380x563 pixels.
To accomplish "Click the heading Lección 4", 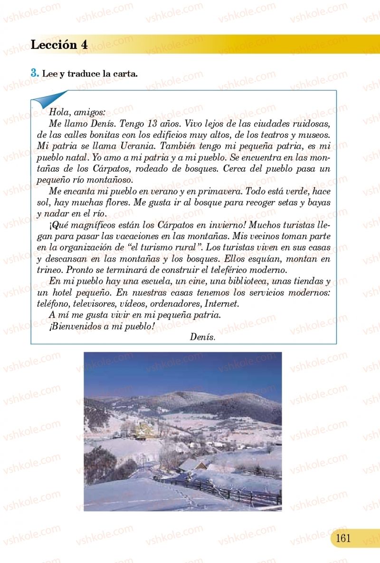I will click(59, 45).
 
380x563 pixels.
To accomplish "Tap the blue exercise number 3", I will click(34, 73).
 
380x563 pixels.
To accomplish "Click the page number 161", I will click(342, 538).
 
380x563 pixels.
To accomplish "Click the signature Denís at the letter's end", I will click(202, 337).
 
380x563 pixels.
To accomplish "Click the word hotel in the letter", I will click(62, 292).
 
